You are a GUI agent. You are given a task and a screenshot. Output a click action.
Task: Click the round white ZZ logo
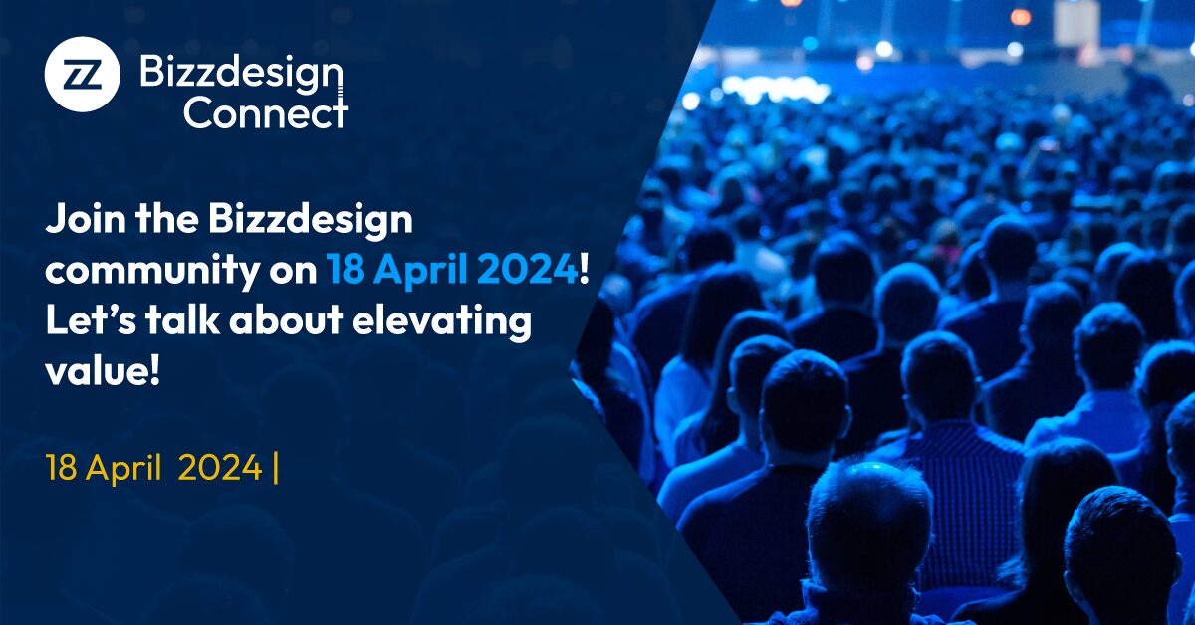82,74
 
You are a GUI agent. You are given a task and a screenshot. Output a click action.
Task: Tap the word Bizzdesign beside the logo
241,73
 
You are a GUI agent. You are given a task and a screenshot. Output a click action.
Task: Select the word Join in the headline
86,219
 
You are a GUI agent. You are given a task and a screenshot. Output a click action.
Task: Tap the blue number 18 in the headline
346,270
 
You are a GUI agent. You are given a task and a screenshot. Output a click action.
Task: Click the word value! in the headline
103,371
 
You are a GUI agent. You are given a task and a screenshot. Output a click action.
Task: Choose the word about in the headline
286,320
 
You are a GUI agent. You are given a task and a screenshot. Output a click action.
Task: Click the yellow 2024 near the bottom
220,468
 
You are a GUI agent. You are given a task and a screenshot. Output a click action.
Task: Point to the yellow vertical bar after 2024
275,468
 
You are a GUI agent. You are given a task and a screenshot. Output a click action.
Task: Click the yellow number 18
62,468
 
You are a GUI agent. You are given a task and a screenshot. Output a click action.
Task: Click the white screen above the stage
1076,23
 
